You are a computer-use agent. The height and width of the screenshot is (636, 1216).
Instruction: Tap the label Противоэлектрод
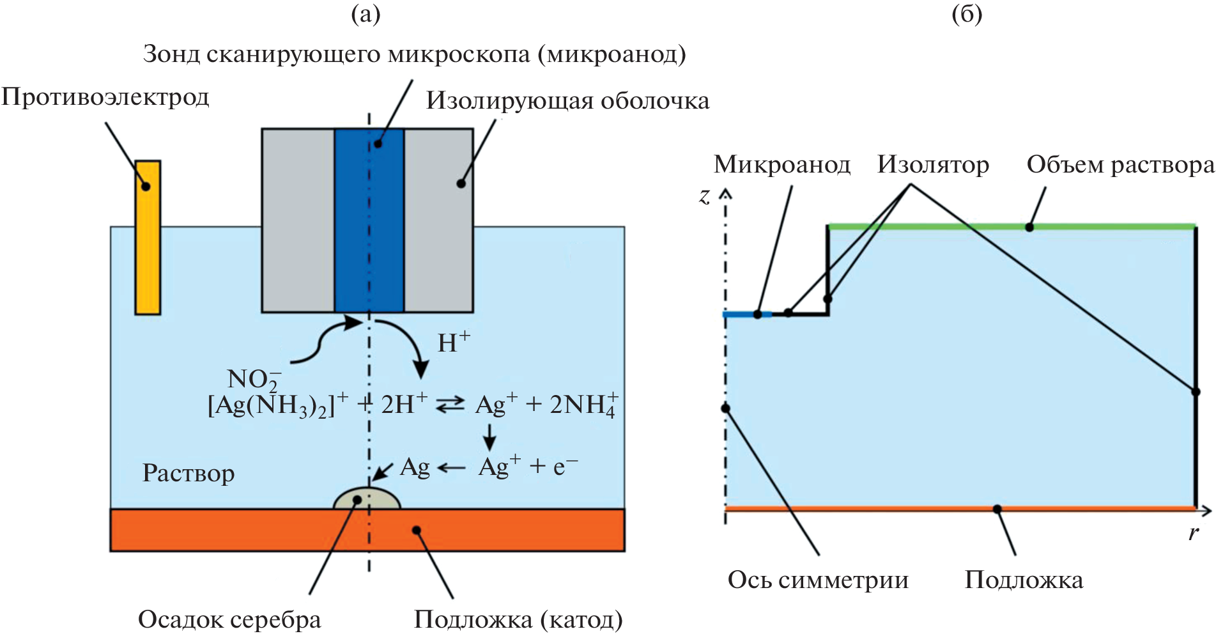coord(105,97)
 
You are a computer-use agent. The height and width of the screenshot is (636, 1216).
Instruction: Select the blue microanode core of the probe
coord(369,221)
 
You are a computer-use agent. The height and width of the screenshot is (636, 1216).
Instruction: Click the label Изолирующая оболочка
coord(567,101)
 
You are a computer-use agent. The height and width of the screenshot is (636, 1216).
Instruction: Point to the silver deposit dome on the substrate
coord(367,499)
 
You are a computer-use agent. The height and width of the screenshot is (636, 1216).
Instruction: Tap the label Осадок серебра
coord(229,619)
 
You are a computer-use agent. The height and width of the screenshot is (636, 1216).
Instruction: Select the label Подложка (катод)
coord(518,619)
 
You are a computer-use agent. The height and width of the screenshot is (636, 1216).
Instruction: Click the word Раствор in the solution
coord(189,473)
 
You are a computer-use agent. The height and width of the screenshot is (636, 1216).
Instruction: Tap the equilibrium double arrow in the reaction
coord(450,405)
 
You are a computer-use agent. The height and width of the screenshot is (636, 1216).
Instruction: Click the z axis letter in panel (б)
coord(704,196)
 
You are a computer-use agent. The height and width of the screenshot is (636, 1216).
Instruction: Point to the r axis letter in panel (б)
coord(1193,533)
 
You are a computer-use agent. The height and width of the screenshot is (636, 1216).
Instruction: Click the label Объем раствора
coord(1120,165)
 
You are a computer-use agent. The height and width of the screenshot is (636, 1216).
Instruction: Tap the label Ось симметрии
coord(818,580)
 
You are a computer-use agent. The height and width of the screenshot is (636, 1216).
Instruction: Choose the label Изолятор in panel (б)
coord(933,165)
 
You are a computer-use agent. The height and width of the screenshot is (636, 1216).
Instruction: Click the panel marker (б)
coord(967,14)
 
